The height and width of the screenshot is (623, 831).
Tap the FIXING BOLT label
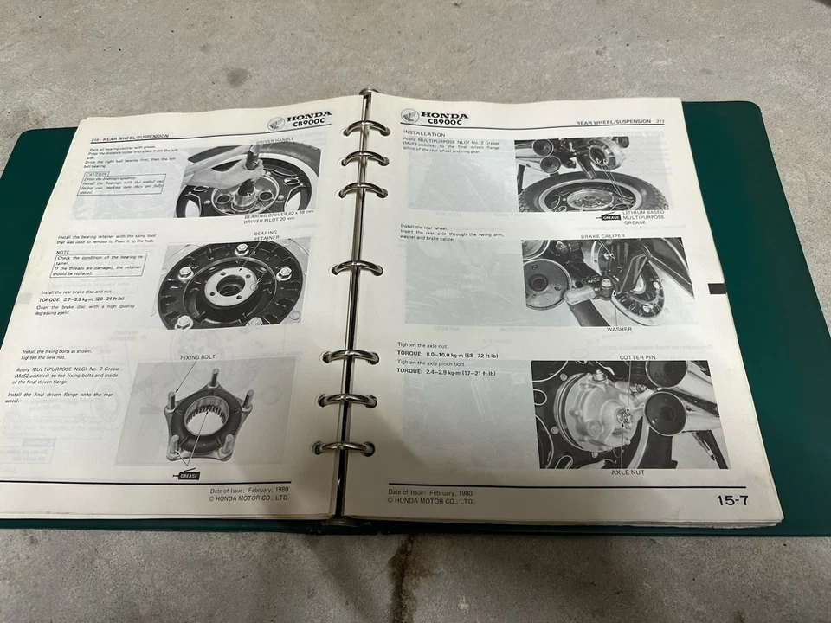tap(197, 356)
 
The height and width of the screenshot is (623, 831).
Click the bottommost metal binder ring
tap(345, 448)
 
